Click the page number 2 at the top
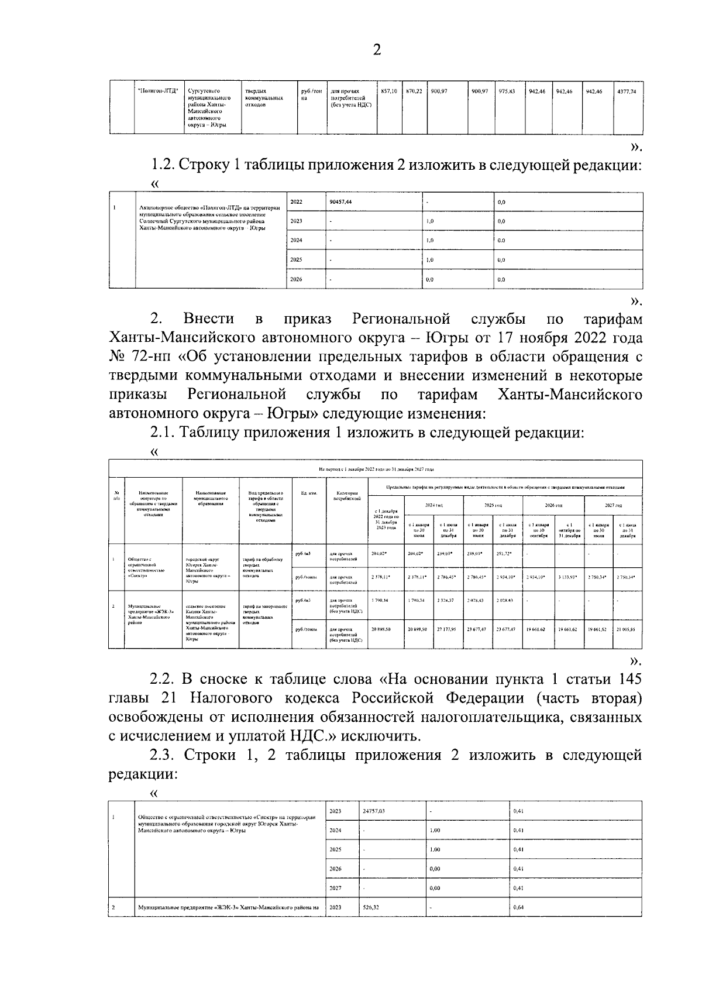pos(376,50)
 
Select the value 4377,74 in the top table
pos(626,91)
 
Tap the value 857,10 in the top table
pos(388,91)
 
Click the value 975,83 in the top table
pos(506,91)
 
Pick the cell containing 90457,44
pos(340,202)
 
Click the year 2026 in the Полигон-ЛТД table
pos(296,280)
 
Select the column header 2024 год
pos(433,505)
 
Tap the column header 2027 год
pos(612,505)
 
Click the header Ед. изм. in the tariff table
pos(308,493)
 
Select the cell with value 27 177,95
pos(448,629)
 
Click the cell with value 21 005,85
pos(628,629)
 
